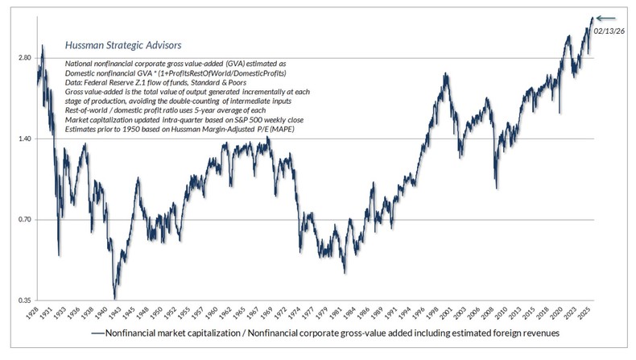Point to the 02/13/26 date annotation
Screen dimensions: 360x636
pyautogui.click(x=609, y=30)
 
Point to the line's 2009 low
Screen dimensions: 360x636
pyautogui.click(x=496, y=188)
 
